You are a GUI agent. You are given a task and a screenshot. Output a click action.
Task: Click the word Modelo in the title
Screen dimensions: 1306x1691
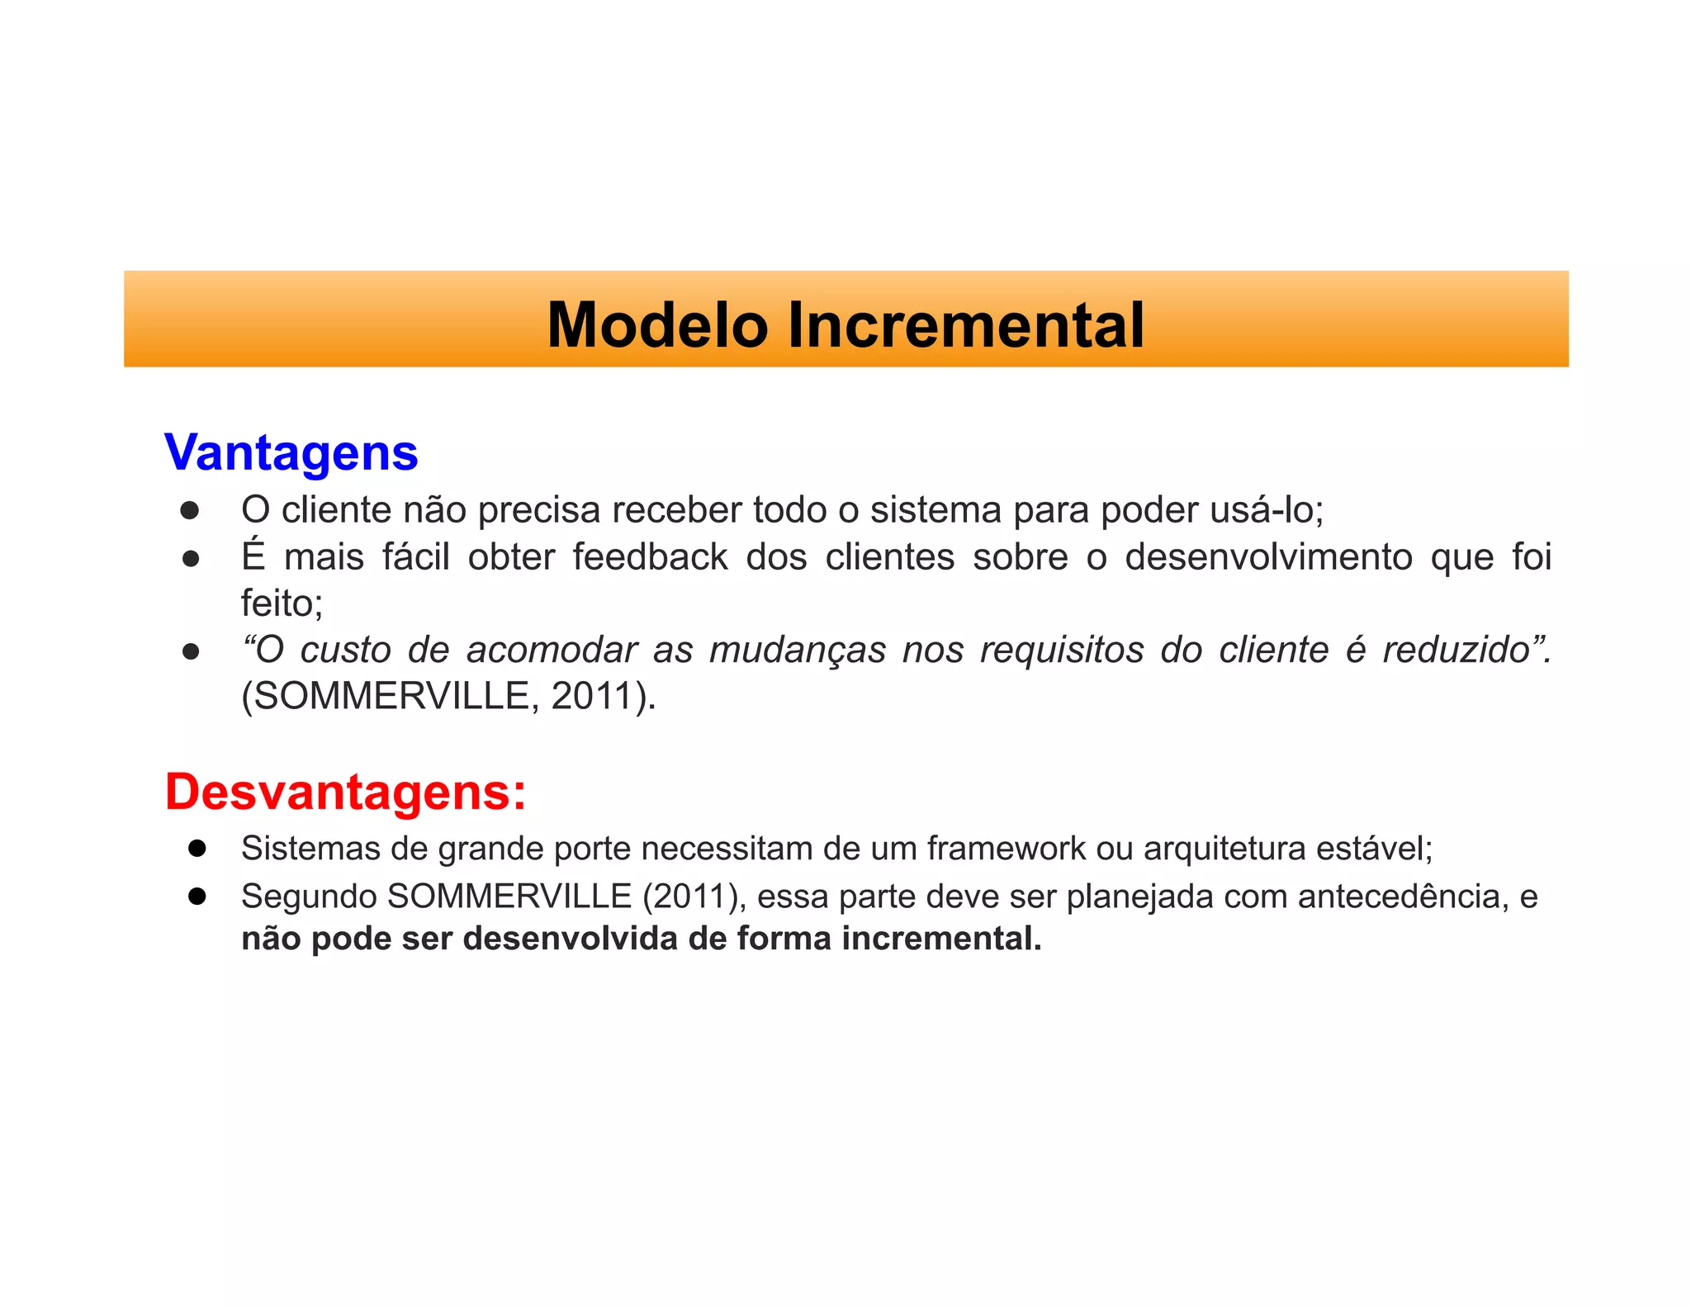(x=657, y=324)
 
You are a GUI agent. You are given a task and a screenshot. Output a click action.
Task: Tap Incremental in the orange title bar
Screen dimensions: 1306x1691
(x=965, y=324)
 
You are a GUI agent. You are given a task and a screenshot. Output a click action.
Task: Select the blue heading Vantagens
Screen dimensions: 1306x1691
(x=291, y=452)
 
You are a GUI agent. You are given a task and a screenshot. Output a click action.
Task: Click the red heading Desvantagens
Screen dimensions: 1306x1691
(x=345, y=792)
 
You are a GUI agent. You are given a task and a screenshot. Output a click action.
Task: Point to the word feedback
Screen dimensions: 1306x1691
(x=650, y=556)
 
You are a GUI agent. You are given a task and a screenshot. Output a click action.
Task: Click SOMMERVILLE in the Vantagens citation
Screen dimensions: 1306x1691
(x=390, y=696)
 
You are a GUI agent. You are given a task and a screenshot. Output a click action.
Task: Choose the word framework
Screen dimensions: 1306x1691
(x=1006, y=849)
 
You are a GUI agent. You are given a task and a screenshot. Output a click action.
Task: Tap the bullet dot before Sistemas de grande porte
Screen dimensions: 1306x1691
(x=197, y=849)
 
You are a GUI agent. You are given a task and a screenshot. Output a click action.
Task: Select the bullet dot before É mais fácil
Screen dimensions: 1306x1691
(x=191, y=559)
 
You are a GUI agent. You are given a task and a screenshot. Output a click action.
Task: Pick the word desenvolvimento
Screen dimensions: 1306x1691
(x=1268, y=556)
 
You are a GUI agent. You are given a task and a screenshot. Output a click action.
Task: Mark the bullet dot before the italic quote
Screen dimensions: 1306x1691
(x=191, y=652)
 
